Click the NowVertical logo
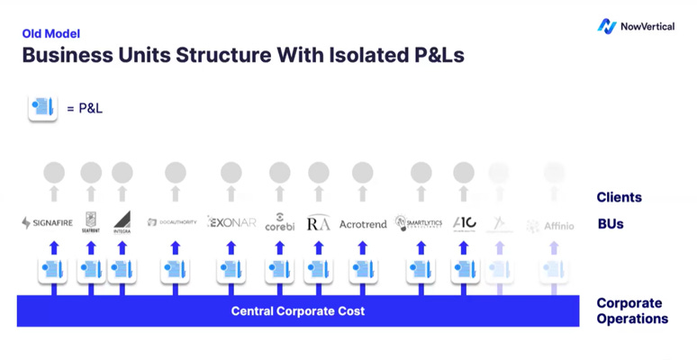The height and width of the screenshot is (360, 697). pos(636,26)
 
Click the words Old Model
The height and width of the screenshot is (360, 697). pos(50,34)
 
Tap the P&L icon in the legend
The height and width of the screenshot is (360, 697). pos(41,108)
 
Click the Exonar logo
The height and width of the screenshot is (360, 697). pos(231,221)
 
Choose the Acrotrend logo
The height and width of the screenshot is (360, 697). pos(362,223)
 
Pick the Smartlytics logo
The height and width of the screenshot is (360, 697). pos(419,222)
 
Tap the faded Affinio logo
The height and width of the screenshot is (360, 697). pos(550,226)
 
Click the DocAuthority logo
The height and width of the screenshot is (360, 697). pos(171,222)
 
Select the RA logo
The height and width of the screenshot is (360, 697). pos(319,223)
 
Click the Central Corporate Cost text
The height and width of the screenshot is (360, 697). pos(298,311)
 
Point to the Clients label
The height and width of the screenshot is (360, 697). pos(619,197)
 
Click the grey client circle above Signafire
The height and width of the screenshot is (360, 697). pos(54,171)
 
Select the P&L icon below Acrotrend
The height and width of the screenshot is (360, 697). pos(362,269)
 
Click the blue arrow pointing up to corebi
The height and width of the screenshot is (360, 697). pos(279,247)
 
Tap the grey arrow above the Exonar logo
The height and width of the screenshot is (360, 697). pos(231,193)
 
